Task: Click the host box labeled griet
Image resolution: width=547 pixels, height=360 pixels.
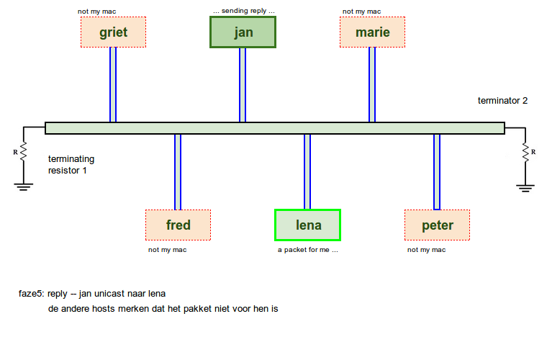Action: click(113, 32)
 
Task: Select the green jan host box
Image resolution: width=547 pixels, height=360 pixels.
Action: click(243, 32)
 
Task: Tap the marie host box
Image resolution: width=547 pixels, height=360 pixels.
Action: click(372, 32)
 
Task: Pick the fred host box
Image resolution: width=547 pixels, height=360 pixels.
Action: click(178, 225)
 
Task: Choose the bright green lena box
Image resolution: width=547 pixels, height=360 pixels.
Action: click(307, 225)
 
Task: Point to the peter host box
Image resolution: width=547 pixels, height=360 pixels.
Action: click(437, 225)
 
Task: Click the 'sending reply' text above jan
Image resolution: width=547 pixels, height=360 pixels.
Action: click(244, 12)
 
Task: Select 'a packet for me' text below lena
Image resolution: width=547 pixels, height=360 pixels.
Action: click(308, 250)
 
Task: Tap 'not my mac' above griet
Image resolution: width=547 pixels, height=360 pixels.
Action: click(97, 12)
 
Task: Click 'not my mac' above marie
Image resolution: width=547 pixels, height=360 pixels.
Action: click(362, 12)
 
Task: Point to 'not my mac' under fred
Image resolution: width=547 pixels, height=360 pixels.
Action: click(168, 250)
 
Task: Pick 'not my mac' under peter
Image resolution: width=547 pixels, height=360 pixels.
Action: click(426, 250)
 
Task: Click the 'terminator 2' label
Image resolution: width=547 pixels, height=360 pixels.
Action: click(502, 101)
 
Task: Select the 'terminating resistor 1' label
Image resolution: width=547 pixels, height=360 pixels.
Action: click(71, 165)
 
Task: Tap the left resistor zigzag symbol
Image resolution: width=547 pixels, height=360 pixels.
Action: click(24, 152)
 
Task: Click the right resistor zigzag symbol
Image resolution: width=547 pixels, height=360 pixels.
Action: click(525, 152)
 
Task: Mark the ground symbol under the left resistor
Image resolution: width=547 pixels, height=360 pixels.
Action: click(24, 186)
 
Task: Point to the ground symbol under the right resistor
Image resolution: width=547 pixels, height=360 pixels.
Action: click(525, 187)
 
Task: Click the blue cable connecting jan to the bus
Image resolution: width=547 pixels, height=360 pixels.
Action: click(243, 85)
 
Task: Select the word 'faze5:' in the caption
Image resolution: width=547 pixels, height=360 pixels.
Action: click(32, 294)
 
